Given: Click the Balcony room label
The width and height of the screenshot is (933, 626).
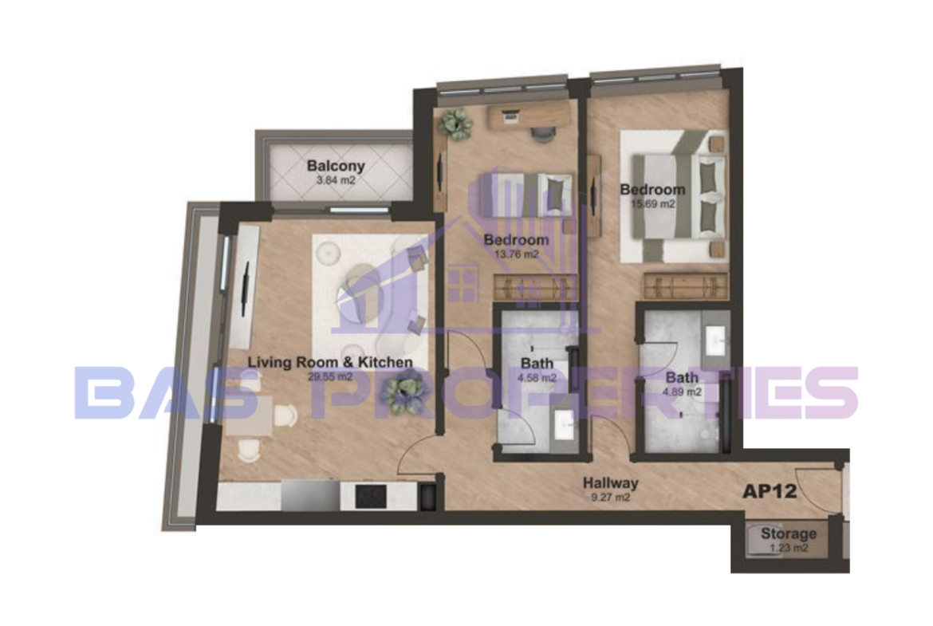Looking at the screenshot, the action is [336, 166].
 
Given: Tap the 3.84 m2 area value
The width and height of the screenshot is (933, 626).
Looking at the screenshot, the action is [336, 179].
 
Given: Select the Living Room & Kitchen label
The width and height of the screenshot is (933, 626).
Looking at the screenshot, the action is [329, 362].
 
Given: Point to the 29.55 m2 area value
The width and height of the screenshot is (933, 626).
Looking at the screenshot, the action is [329, 376].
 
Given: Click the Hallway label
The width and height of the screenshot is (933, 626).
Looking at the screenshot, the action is [611, 483].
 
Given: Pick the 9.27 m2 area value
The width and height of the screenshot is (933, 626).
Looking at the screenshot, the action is [611, 497].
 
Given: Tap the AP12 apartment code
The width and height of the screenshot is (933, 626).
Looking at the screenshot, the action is [770, 491].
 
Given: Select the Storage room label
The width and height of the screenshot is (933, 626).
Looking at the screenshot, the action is [789, 533].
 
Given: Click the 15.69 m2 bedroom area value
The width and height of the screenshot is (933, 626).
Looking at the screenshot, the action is [653, 203].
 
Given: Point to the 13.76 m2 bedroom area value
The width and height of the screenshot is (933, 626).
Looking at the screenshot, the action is [517, 254].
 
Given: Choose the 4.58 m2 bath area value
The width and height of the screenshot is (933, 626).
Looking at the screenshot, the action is [537, 377].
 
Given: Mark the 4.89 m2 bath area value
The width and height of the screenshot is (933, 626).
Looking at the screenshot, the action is [682, 392].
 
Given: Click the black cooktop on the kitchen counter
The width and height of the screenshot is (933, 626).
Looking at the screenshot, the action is [371, 496].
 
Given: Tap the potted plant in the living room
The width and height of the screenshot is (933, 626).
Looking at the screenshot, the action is [407, 391].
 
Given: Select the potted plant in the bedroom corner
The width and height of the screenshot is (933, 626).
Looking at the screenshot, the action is [455, 124].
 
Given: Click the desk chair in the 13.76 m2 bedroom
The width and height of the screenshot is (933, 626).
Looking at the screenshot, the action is [541, 135].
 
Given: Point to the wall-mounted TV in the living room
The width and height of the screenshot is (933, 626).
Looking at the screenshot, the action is [245, 289].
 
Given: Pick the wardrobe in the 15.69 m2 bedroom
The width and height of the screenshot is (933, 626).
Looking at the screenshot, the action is [686, 287].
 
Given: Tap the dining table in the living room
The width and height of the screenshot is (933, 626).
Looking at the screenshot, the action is [249, 416].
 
